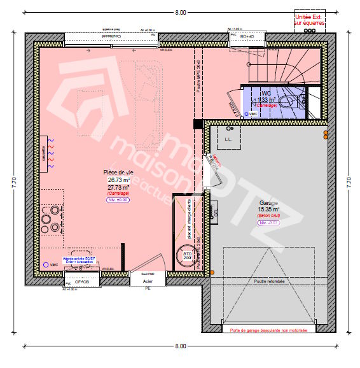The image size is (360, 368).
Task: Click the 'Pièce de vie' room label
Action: (x=119, y=173)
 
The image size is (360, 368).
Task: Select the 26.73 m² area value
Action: (x=118, y=180)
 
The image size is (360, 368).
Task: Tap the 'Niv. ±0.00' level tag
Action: (x=118, y=199)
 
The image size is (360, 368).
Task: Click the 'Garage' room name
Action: (x=267, y=202)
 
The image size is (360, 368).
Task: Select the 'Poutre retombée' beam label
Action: (x=268, y=281)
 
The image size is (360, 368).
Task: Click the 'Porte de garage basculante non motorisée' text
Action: (x=268, y=330)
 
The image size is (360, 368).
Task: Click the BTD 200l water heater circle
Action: (x=188, y=255)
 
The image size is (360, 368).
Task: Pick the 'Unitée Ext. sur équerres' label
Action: (x=309, y=19)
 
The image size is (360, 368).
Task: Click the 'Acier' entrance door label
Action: (x=148, y=280)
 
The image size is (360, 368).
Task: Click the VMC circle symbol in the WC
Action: (x=245, y=113)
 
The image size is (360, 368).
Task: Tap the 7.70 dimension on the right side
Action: (x=347, y=181)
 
